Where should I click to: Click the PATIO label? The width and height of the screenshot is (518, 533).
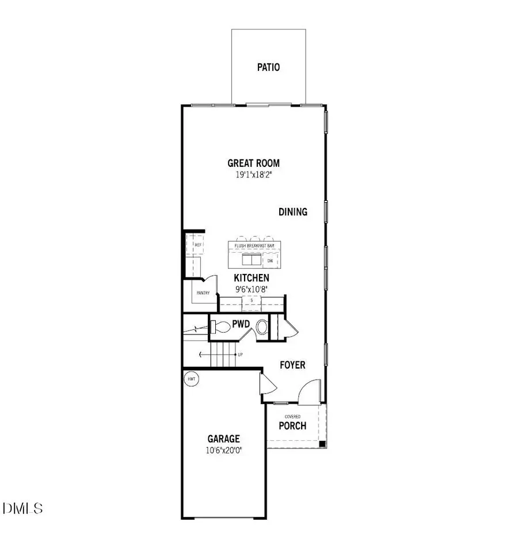[x=268, y=67]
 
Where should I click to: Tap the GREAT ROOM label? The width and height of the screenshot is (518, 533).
[x=253, y=163]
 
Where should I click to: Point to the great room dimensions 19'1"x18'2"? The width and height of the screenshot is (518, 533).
[x=253, y=174]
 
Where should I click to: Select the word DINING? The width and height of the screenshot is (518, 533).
[x=293, y=212]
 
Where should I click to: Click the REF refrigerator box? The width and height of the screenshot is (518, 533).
[x=198, y=245]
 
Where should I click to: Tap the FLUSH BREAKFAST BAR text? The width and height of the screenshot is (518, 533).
[x=254, y=246]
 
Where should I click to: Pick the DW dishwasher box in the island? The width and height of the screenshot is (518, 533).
[x=270, y=261]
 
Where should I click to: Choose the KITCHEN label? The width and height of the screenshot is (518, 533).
[x=252, y=278]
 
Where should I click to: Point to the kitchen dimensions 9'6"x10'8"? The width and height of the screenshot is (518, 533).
[x=252, y=289]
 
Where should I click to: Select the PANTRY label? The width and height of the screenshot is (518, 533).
[x=203, y=293]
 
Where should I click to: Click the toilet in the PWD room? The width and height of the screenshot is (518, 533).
[x=219, y=327]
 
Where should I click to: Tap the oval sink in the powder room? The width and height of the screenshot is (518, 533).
[x=261, y=327]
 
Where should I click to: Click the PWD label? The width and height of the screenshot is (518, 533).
[x=241, y=324]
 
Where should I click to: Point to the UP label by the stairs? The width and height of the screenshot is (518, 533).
[x=239, y=355]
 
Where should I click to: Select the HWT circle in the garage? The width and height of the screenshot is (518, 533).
[x=190, y=379]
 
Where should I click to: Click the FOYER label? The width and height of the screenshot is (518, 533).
[x=292, y=365]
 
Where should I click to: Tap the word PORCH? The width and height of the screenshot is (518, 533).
[x=292, y=426]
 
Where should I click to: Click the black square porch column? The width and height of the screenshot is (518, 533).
[x=322, y=444]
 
